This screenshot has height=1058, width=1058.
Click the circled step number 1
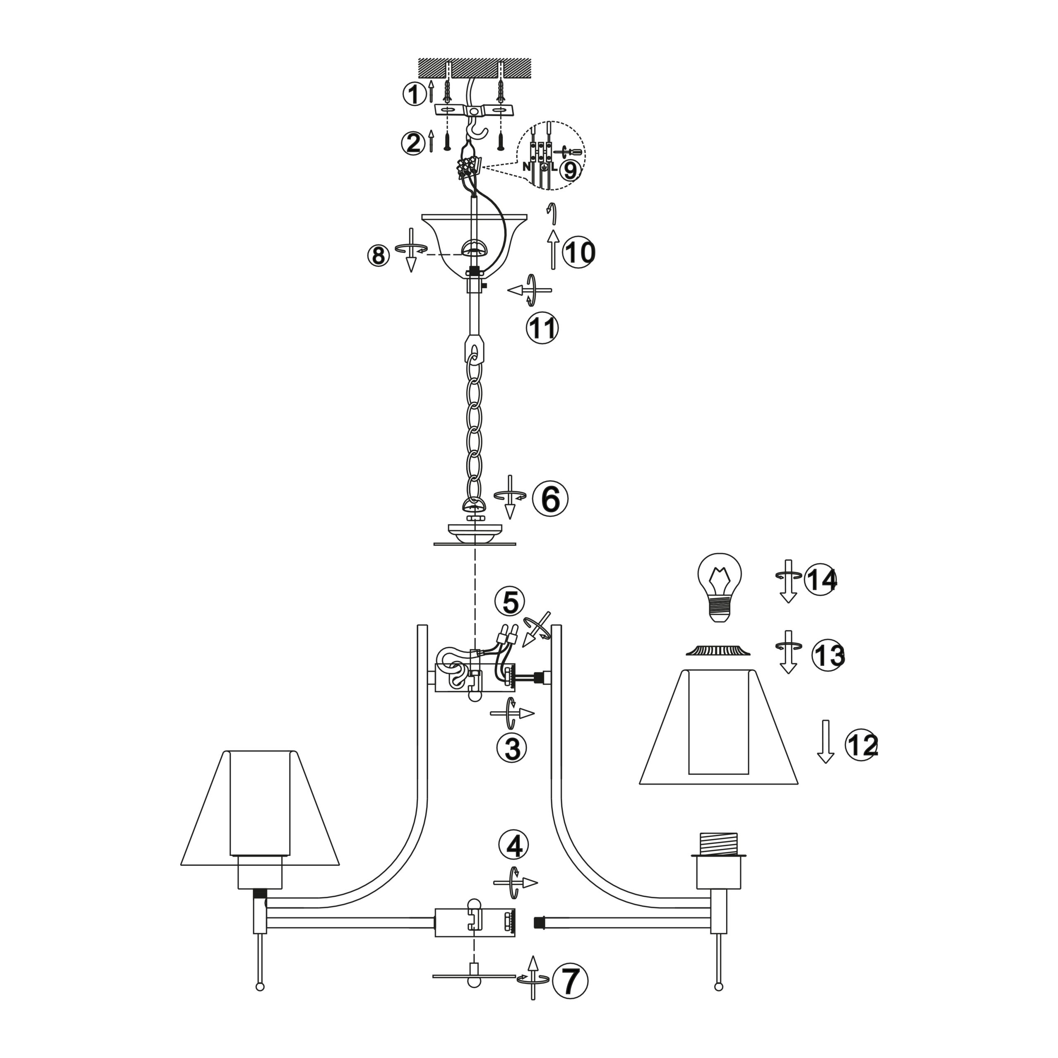pyautogui.click(x=415, y=94)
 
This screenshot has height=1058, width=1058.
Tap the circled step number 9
pyautogui.click(x=570, y=171)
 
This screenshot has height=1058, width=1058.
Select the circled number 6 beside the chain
pyautogui.click(x=550, y=499)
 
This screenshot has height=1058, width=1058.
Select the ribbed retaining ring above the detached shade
pyautogui.click(x=718, y=650)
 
